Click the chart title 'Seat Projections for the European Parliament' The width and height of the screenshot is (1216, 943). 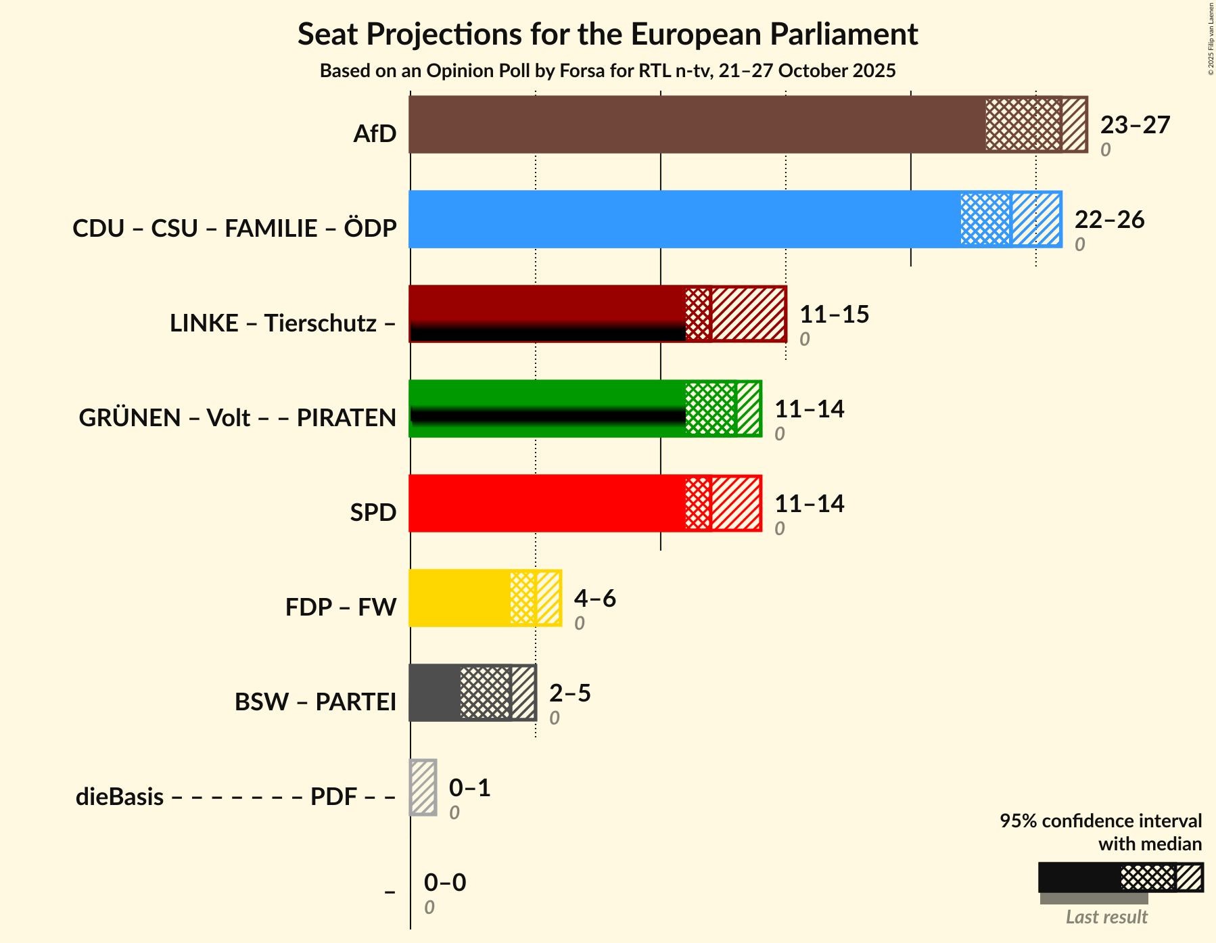(x=607, y=34)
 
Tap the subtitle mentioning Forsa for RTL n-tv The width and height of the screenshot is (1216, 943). (x=607, y=70)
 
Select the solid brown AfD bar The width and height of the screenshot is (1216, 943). (x=697, y=124)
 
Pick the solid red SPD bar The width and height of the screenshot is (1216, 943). (x=546, y=503)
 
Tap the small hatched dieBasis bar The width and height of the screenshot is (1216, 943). (x=423, y=787)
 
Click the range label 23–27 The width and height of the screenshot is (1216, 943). (x=1134, y=125)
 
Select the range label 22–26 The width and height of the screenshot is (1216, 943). (x=1108, y=220)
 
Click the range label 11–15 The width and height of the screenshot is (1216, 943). (x=833, y=315)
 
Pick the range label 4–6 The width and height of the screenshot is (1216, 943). (x=594, y=599)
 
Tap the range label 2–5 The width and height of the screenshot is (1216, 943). (x=569, y=693)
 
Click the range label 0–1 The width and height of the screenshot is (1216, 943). (x=469, y=788)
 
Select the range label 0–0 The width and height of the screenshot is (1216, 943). (x=444, y=883)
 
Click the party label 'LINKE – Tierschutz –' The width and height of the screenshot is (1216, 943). (x=283, y=323)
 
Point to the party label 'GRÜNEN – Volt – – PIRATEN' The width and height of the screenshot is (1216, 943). (x=237, y=418)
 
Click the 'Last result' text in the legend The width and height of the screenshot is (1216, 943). (x=1106, y=917)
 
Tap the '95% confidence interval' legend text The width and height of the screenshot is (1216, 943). (x=1100, y=821)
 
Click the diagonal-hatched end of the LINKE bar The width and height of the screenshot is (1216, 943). (x=748, y=314)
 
